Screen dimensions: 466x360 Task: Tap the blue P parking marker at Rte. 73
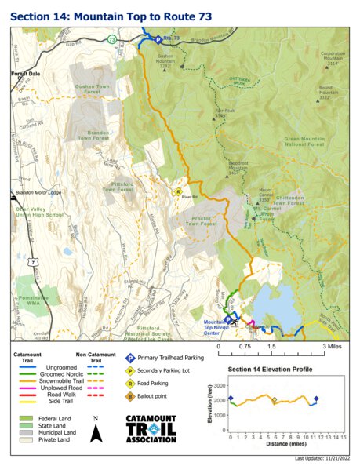(x=156, y=39)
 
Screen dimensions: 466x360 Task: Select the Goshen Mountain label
(x=165, y=61)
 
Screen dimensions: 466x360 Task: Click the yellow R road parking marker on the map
(x=177, y=191)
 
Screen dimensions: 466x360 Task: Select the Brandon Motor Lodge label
(x=38, y=192)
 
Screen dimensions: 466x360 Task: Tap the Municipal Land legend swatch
(x=26, y=433)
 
